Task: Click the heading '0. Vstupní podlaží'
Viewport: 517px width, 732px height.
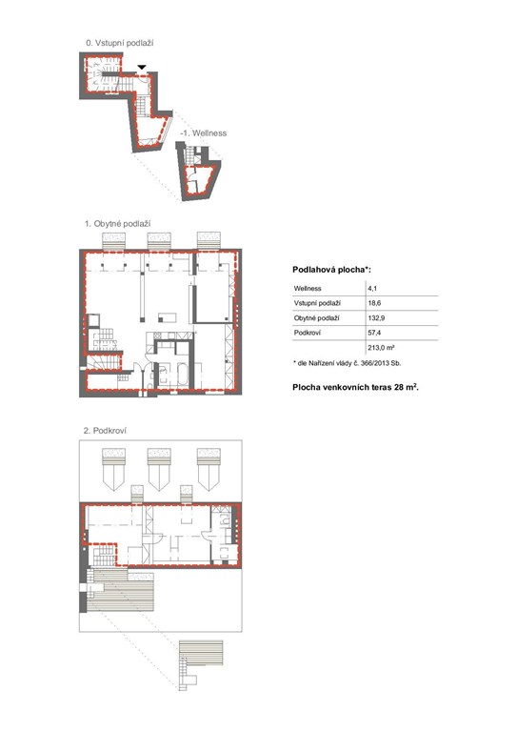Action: pyautogui.click(x=120, y=43)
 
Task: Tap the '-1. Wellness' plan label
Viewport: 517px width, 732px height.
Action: pyautogui.click(x=203, y=133)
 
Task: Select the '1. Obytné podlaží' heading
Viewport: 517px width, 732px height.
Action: pyautogui.click(x=117, y=224)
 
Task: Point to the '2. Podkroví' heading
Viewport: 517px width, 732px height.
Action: pyautogui.click(x=105, y=431)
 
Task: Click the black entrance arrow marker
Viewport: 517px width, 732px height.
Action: pyautogui.click(x=142, y=68)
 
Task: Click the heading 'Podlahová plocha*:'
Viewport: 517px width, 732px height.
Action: pyautogui.click(x=331, y=270)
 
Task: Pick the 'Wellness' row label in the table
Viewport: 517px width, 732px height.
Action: pyautogui.click(x=308, y=289)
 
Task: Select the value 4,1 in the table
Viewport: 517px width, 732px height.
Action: pyautogui.click(x=372, y=289)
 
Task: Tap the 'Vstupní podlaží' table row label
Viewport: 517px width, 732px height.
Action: pyautogui.click(x=317, y=303)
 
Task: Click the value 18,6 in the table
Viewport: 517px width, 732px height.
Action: pyautogui.click(x=374, y=303)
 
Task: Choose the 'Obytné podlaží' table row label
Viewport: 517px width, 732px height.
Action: pyautogui.click(x=316, y=318)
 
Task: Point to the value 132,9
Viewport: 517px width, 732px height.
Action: pyautogui.click(x=376, y=318)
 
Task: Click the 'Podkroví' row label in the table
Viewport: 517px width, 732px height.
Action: pyautogui.click(x=308, y=333)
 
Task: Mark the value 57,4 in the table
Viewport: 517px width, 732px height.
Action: pyautogui.click(x=374, y=333)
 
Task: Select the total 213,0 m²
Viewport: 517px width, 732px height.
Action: pyautogui.click(x=381, y=348)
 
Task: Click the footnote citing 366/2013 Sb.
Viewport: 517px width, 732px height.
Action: pyautogui.click(x=347, y=363)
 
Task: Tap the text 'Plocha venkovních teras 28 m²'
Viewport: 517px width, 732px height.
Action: pyautogui.click(x=355, y=387)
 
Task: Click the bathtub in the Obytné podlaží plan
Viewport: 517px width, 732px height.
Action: pyautogui.click(x=182, y=375)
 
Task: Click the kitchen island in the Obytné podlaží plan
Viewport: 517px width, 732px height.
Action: pyautogui.click(x=168, y=318)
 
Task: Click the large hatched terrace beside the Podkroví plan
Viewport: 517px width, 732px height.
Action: pyautogui.click(x=120, y=590)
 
